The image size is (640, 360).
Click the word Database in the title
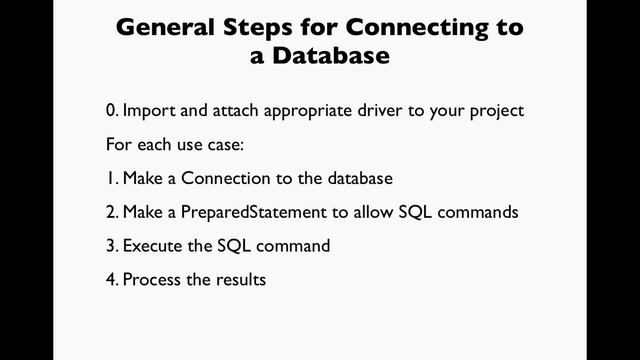(x=331, y=56)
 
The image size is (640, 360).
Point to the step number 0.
(x=110, y=110)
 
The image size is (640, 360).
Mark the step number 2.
(x=110, y=212)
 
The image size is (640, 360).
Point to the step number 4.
(x=110, y=280)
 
